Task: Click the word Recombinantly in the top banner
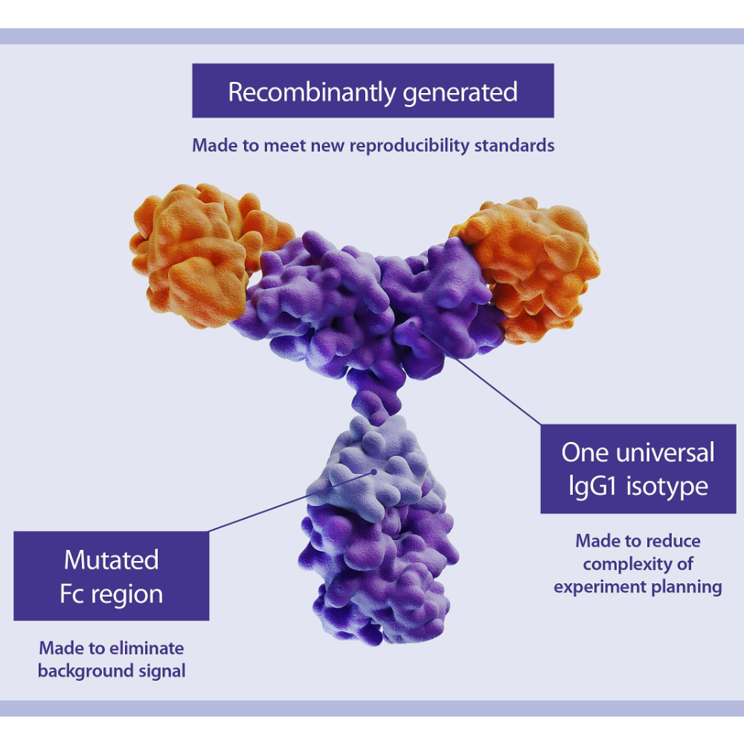(311, 92)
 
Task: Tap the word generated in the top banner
(460, 92)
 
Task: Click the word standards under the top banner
(514, 145)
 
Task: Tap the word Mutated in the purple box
(112, 560)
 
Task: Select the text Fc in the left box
(71, 594)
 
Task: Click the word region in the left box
(126, 595)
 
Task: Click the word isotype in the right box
(667, 487)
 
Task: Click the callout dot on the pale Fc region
(374, 472)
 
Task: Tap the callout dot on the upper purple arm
(412, 324)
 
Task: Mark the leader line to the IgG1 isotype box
(476, 374)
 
